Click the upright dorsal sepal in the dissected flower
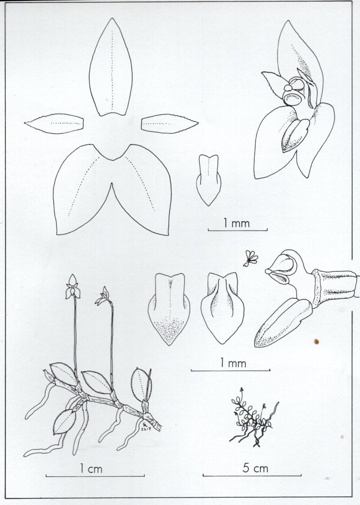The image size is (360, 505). [111, 68]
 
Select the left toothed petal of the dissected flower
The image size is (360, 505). [54, 124]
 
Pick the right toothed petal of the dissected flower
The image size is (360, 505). [169, 124]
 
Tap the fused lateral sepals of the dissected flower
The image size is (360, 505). [112, 190]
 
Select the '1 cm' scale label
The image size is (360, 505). [91, 469]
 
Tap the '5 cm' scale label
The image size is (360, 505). [255, 468]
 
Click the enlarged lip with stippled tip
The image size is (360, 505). [169, 309]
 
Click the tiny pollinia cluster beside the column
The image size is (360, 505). [250, 259]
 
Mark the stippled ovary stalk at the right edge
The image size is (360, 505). [337, 287]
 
